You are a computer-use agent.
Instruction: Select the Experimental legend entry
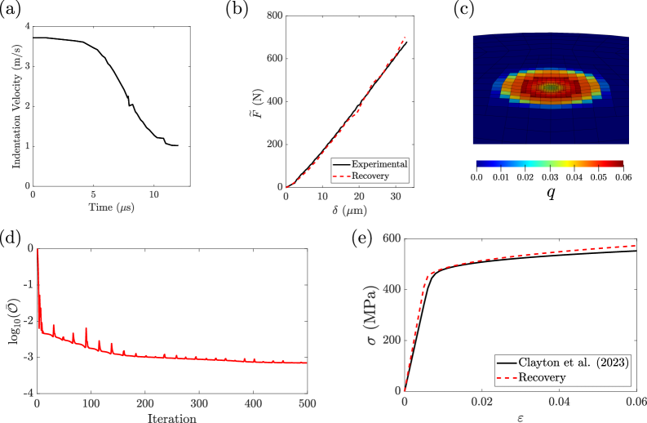pos(379,164)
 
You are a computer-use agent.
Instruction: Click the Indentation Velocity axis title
pos(16,106)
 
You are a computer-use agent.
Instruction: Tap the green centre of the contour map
pos(552,87)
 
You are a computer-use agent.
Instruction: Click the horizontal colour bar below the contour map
pos(549,164)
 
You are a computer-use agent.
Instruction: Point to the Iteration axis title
pos(172,418)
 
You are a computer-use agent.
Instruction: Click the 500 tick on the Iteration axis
pos(308,403)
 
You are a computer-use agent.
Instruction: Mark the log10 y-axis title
pos(13,320)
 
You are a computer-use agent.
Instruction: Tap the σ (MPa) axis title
pos(372,314)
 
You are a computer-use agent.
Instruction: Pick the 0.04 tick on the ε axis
pos(559,403)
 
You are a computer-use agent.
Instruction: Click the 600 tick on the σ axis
pos(391,238)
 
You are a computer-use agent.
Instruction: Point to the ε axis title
pos(520,418)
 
